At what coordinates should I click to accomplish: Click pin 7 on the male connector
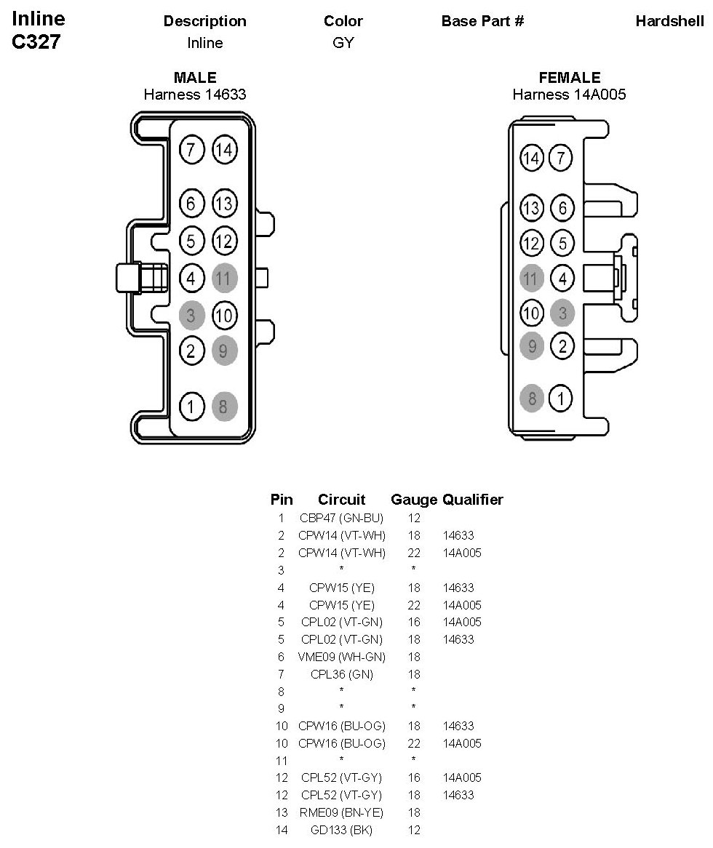point(191,151)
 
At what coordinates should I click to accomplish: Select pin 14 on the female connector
point(533,158)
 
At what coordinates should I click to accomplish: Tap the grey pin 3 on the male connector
point(191,316)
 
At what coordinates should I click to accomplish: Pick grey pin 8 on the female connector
point(533,398)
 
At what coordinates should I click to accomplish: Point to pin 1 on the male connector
point(191,407)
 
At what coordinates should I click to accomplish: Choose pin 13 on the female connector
point(533,209)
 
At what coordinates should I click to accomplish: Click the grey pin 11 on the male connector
point(224,278)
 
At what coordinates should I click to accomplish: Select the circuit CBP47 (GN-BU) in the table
point(341,519)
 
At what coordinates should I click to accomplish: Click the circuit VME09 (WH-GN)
point(341,657)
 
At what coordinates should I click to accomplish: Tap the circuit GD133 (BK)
point(341,830)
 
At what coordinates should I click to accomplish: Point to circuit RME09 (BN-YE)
point(341,812)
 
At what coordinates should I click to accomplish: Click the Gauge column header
point(414,500)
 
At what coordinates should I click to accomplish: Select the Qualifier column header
point(473,500)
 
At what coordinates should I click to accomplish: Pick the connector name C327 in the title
point(36,42)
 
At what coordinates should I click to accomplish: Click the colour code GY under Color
point(343,43)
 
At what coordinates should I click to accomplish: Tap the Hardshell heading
point(669,21)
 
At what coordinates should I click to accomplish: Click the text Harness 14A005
point(569,95)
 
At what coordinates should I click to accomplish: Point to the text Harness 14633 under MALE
point(195,95)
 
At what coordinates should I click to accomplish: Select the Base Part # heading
point(482,21)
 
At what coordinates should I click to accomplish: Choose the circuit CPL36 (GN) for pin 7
point(341,674)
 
